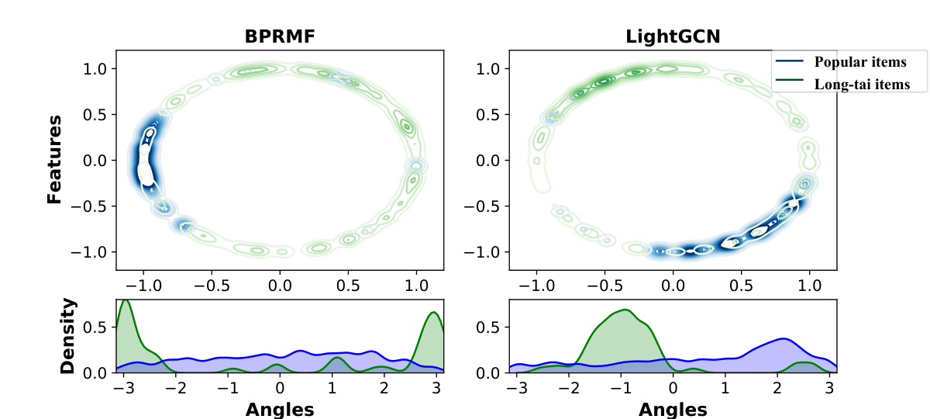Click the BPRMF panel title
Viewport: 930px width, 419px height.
(280, 36)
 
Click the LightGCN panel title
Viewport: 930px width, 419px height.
(673, 36)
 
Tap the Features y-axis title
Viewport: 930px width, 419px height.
(54, 160)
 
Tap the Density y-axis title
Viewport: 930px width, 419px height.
(67, 336)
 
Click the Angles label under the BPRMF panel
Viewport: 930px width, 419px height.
(280, 410)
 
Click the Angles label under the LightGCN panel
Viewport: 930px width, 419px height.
(673, 410)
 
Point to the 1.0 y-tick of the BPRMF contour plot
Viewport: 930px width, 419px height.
(95, 68)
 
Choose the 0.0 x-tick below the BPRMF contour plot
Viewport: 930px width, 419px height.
(280, 286)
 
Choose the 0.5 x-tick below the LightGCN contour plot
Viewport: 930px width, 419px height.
(741, 286)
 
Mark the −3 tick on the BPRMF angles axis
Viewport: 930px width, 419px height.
(124, 388)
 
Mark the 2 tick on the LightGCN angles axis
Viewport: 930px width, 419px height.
(777, 388)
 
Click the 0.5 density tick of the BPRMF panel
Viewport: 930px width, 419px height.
(95, 327)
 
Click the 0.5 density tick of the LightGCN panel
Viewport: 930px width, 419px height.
(488, 327)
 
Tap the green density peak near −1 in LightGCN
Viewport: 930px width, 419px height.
(625, 310)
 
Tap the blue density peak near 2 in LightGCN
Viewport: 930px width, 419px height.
(784, 339)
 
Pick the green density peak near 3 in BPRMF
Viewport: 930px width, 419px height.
(434, 312)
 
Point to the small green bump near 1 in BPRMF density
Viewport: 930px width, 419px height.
(337, 358)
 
